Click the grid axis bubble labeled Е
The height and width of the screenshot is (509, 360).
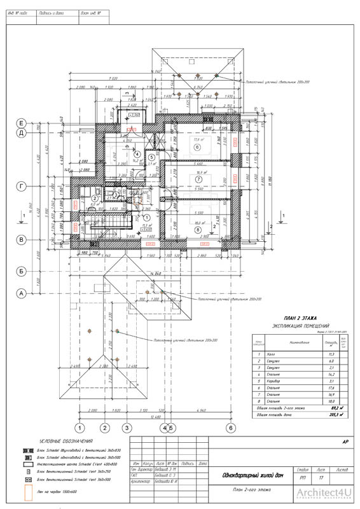pos(21,123)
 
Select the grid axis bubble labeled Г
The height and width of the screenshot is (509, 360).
pos(21,186)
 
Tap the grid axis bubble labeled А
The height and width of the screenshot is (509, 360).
pos(21,293)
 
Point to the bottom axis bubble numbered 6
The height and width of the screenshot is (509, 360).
pos(232,428)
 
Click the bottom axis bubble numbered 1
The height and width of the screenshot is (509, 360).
pos(80,428)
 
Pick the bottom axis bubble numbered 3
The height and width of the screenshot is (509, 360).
pos(127,428)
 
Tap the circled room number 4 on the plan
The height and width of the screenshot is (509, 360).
pos(137,153)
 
